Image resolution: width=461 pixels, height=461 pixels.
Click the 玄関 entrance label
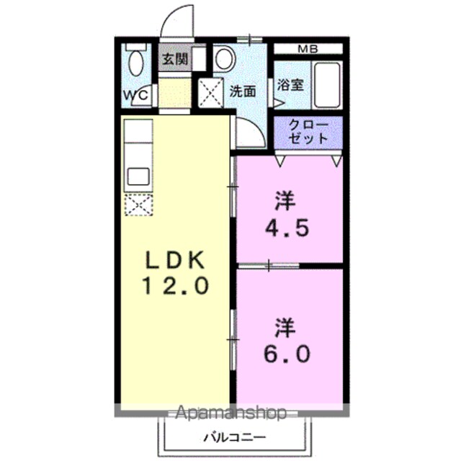(175, 60)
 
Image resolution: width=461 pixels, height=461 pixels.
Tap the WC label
(135, 95)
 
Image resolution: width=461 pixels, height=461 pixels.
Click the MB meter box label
(308, 49)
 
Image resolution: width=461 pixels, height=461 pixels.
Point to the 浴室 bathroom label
(290, 85)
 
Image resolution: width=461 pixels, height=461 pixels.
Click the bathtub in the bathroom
(327, 85)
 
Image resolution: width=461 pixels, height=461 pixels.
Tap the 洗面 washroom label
(243, 91)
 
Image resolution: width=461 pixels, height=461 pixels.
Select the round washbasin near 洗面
(225, 58)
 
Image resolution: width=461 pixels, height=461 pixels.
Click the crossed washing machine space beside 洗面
(210, 93)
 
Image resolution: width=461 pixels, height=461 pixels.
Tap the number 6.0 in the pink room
(287, 354)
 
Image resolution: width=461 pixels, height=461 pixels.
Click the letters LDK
(176, 260)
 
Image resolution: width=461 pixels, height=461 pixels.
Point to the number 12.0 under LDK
(176, 286)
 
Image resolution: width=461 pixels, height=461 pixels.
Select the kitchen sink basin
(138, 176)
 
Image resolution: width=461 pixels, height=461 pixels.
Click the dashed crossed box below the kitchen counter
(138, 205)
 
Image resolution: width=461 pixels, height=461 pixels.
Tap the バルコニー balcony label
(235, 437)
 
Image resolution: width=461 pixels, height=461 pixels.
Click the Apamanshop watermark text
(230, 413)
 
